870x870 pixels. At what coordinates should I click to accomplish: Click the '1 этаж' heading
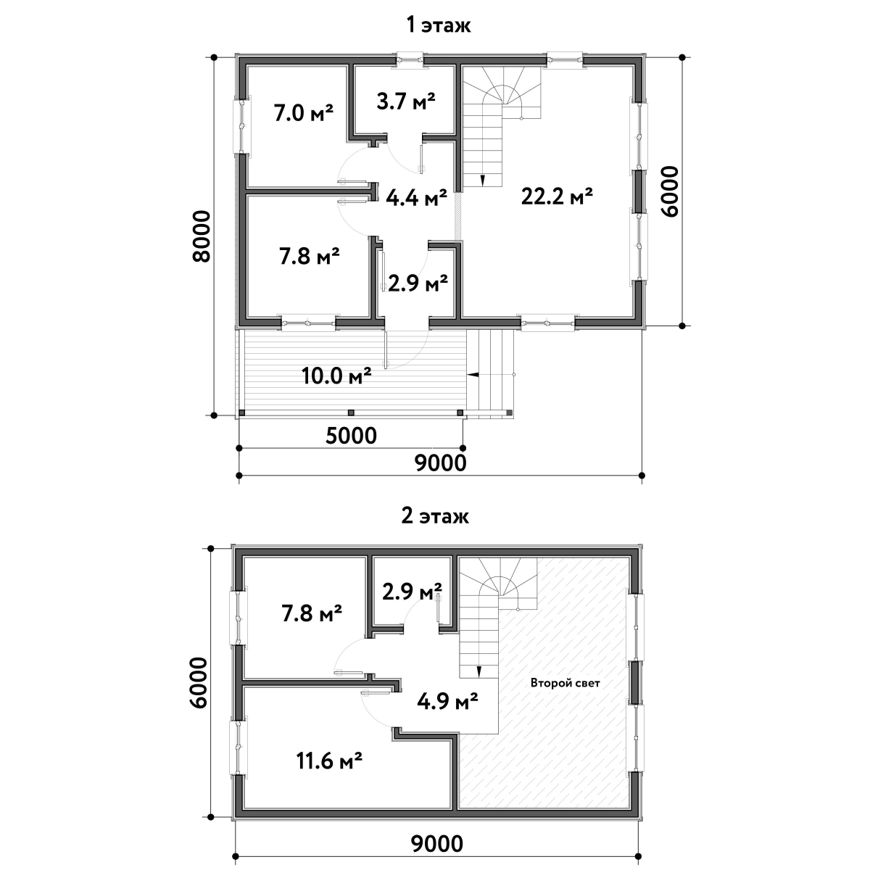tap(439, 25)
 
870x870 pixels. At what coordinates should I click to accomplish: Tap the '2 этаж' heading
tap(435, 516)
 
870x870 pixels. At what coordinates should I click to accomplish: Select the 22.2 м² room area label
tap(557, 196)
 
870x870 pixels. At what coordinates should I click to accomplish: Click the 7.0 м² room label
tap(303, 113)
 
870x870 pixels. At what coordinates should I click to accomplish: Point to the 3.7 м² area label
tap(406, 101)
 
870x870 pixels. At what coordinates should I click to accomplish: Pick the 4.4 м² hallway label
tap(416, 197)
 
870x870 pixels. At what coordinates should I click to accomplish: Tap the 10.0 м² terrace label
tap(336, 376)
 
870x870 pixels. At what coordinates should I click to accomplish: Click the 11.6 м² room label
tap(330, 761)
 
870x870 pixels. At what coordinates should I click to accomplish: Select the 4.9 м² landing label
tap(447, 701)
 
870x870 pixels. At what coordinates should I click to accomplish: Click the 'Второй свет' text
tap(565, 683)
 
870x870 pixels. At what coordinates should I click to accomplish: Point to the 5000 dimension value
tap(351, 436)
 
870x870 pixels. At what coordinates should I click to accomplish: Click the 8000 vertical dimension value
tap(202, 236)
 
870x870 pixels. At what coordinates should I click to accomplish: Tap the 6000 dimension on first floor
tap(670, 192)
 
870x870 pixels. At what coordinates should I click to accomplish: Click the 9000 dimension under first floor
tap(441, 463)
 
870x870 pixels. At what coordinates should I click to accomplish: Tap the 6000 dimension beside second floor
tap(198, 683)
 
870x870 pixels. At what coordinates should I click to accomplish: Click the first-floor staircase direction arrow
tap(483, 180)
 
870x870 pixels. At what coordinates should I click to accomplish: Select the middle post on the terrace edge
tap(351, 413)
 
